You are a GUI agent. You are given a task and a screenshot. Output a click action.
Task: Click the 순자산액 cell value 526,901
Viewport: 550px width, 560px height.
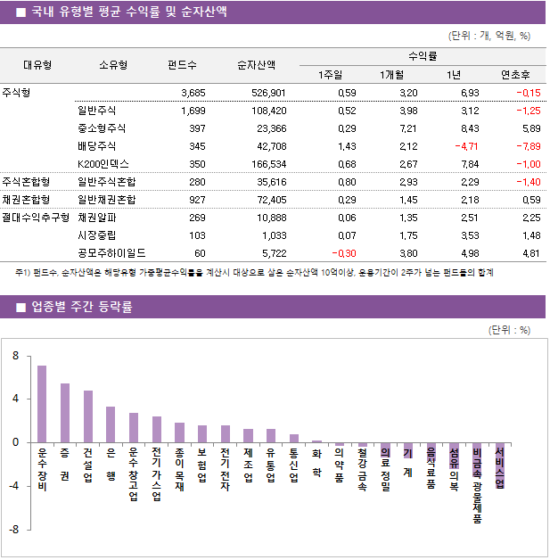[267, 93]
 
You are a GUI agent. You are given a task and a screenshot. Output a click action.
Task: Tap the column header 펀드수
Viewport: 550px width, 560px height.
[183, 65]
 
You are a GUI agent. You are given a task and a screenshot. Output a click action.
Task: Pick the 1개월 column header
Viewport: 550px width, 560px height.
[392, 74]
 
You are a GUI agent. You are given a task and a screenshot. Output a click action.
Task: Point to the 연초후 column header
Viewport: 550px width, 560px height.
[515, 74]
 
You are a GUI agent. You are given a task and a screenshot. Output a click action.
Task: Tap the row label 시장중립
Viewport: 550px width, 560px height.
[96, 235]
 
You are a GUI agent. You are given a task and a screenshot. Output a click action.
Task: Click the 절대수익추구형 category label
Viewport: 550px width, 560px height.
[36, 217]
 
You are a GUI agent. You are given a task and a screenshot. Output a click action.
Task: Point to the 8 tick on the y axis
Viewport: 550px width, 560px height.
[16, 356]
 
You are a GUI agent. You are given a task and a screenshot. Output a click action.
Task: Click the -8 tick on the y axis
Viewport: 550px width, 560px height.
[14, 530]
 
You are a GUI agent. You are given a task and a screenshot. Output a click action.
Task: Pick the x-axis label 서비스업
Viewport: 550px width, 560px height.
[499, 467]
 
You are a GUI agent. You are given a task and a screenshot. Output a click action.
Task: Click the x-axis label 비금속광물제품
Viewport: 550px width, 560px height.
[477, 485]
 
